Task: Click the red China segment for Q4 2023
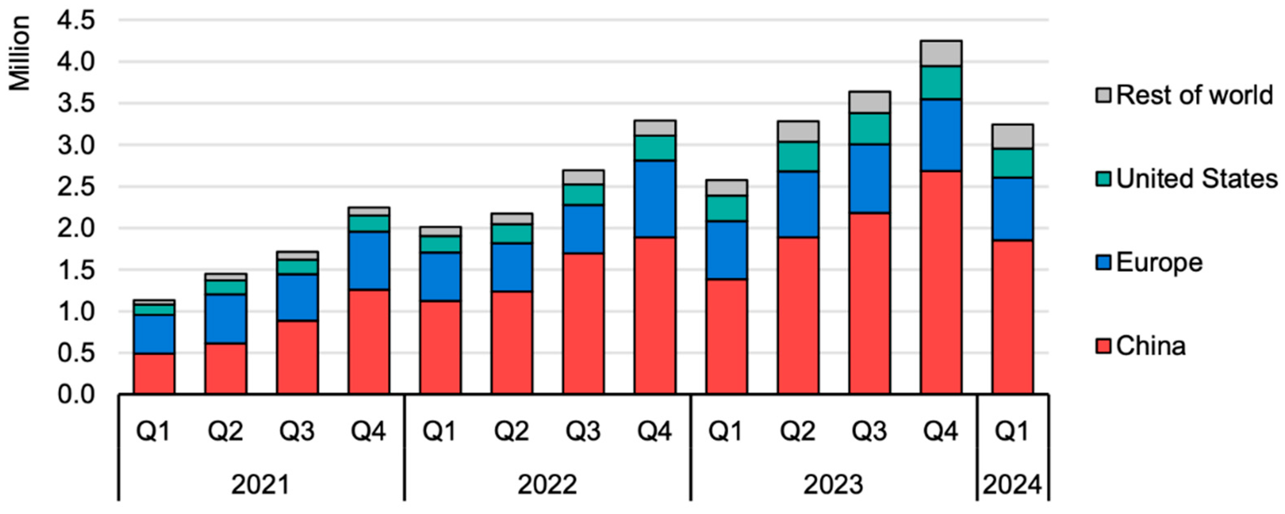click(941, 282)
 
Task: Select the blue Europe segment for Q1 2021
click(154, 334)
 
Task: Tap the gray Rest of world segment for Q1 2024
click(1012, 136)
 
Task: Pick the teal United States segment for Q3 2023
click(869, 129)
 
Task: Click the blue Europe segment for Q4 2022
click(655, 199)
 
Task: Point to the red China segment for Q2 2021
click(226, 368)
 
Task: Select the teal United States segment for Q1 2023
click(726, 208)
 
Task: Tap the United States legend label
click(1196, 178)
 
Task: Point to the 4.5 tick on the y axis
click(76, 21)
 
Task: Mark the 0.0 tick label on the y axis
click(76, 395)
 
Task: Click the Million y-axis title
click(20, 53)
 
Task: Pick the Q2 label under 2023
click(798, 431)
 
